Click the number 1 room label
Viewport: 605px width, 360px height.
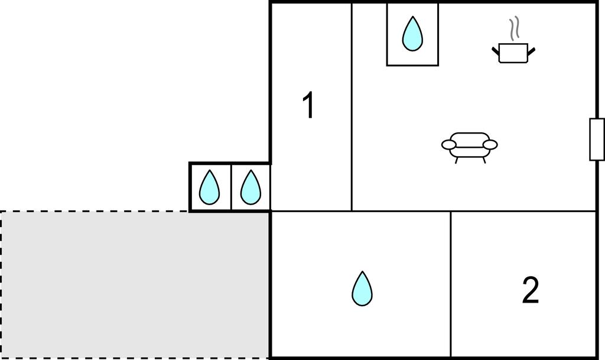tap(308, 105)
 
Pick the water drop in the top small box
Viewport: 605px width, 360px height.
tap(412, 34)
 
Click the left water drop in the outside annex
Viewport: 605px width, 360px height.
tap(209, 187)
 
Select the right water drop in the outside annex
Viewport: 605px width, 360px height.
tap(251, 187)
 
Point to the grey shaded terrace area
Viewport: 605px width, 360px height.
tap(135, 285)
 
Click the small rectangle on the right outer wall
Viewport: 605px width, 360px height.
tap(597, 140)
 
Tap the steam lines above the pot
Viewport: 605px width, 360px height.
tap(515, 28)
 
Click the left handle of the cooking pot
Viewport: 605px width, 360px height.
tap(496, 51)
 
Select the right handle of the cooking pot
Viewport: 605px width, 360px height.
tap(531, 51)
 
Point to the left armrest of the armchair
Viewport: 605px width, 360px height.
tap(449, 145)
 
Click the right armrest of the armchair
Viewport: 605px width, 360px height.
tap(490, 145)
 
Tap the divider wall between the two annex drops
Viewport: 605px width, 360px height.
tap(231, 187)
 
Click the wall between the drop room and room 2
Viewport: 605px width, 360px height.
tap(451, 285)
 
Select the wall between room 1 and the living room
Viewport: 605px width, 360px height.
tap(352, 107)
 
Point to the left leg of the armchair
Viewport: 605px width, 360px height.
tap(457, 160)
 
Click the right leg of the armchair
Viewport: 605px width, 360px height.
tap(483, 160)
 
